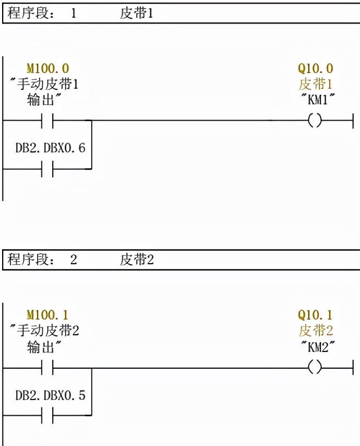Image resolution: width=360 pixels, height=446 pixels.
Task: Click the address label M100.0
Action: (x=47, y=68)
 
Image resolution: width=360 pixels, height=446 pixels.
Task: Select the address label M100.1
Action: (x=47, y=315)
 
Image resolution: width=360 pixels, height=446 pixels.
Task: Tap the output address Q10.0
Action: (x=315, y=68)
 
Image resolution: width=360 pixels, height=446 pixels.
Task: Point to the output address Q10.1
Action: (x=315, y=315)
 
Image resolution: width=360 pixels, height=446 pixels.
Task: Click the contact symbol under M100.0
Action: (x=47, y=121)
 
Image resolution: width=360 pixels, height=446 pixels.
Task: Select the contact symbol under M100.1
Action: (x=47, y=368)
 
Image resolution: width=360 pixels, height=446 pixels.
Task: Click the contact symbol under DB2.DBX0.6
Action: (x=47, y=169)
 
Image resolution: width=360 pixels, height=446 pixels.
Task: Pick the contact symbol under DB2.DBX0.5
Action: (x=47, y=416)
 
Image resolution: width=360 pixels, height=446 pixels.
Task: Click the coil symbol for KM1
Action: (x=315, y=121)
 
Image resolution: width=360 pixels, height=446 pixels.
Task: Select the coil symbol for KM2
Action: (x=315, y=368)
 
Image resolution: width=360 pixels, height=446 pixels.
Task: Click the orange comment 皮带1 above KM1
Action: (x=315, y=84)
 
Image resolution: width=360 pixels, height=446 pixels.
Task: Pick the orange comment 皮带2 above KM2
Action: (x=315, y=331)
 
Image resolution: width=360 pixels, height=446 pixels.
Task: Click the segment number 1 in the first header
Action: (x=73, y=13)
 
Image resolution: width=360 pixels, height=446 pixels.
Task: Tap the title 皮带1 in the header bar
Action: (x=137, y=13)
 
